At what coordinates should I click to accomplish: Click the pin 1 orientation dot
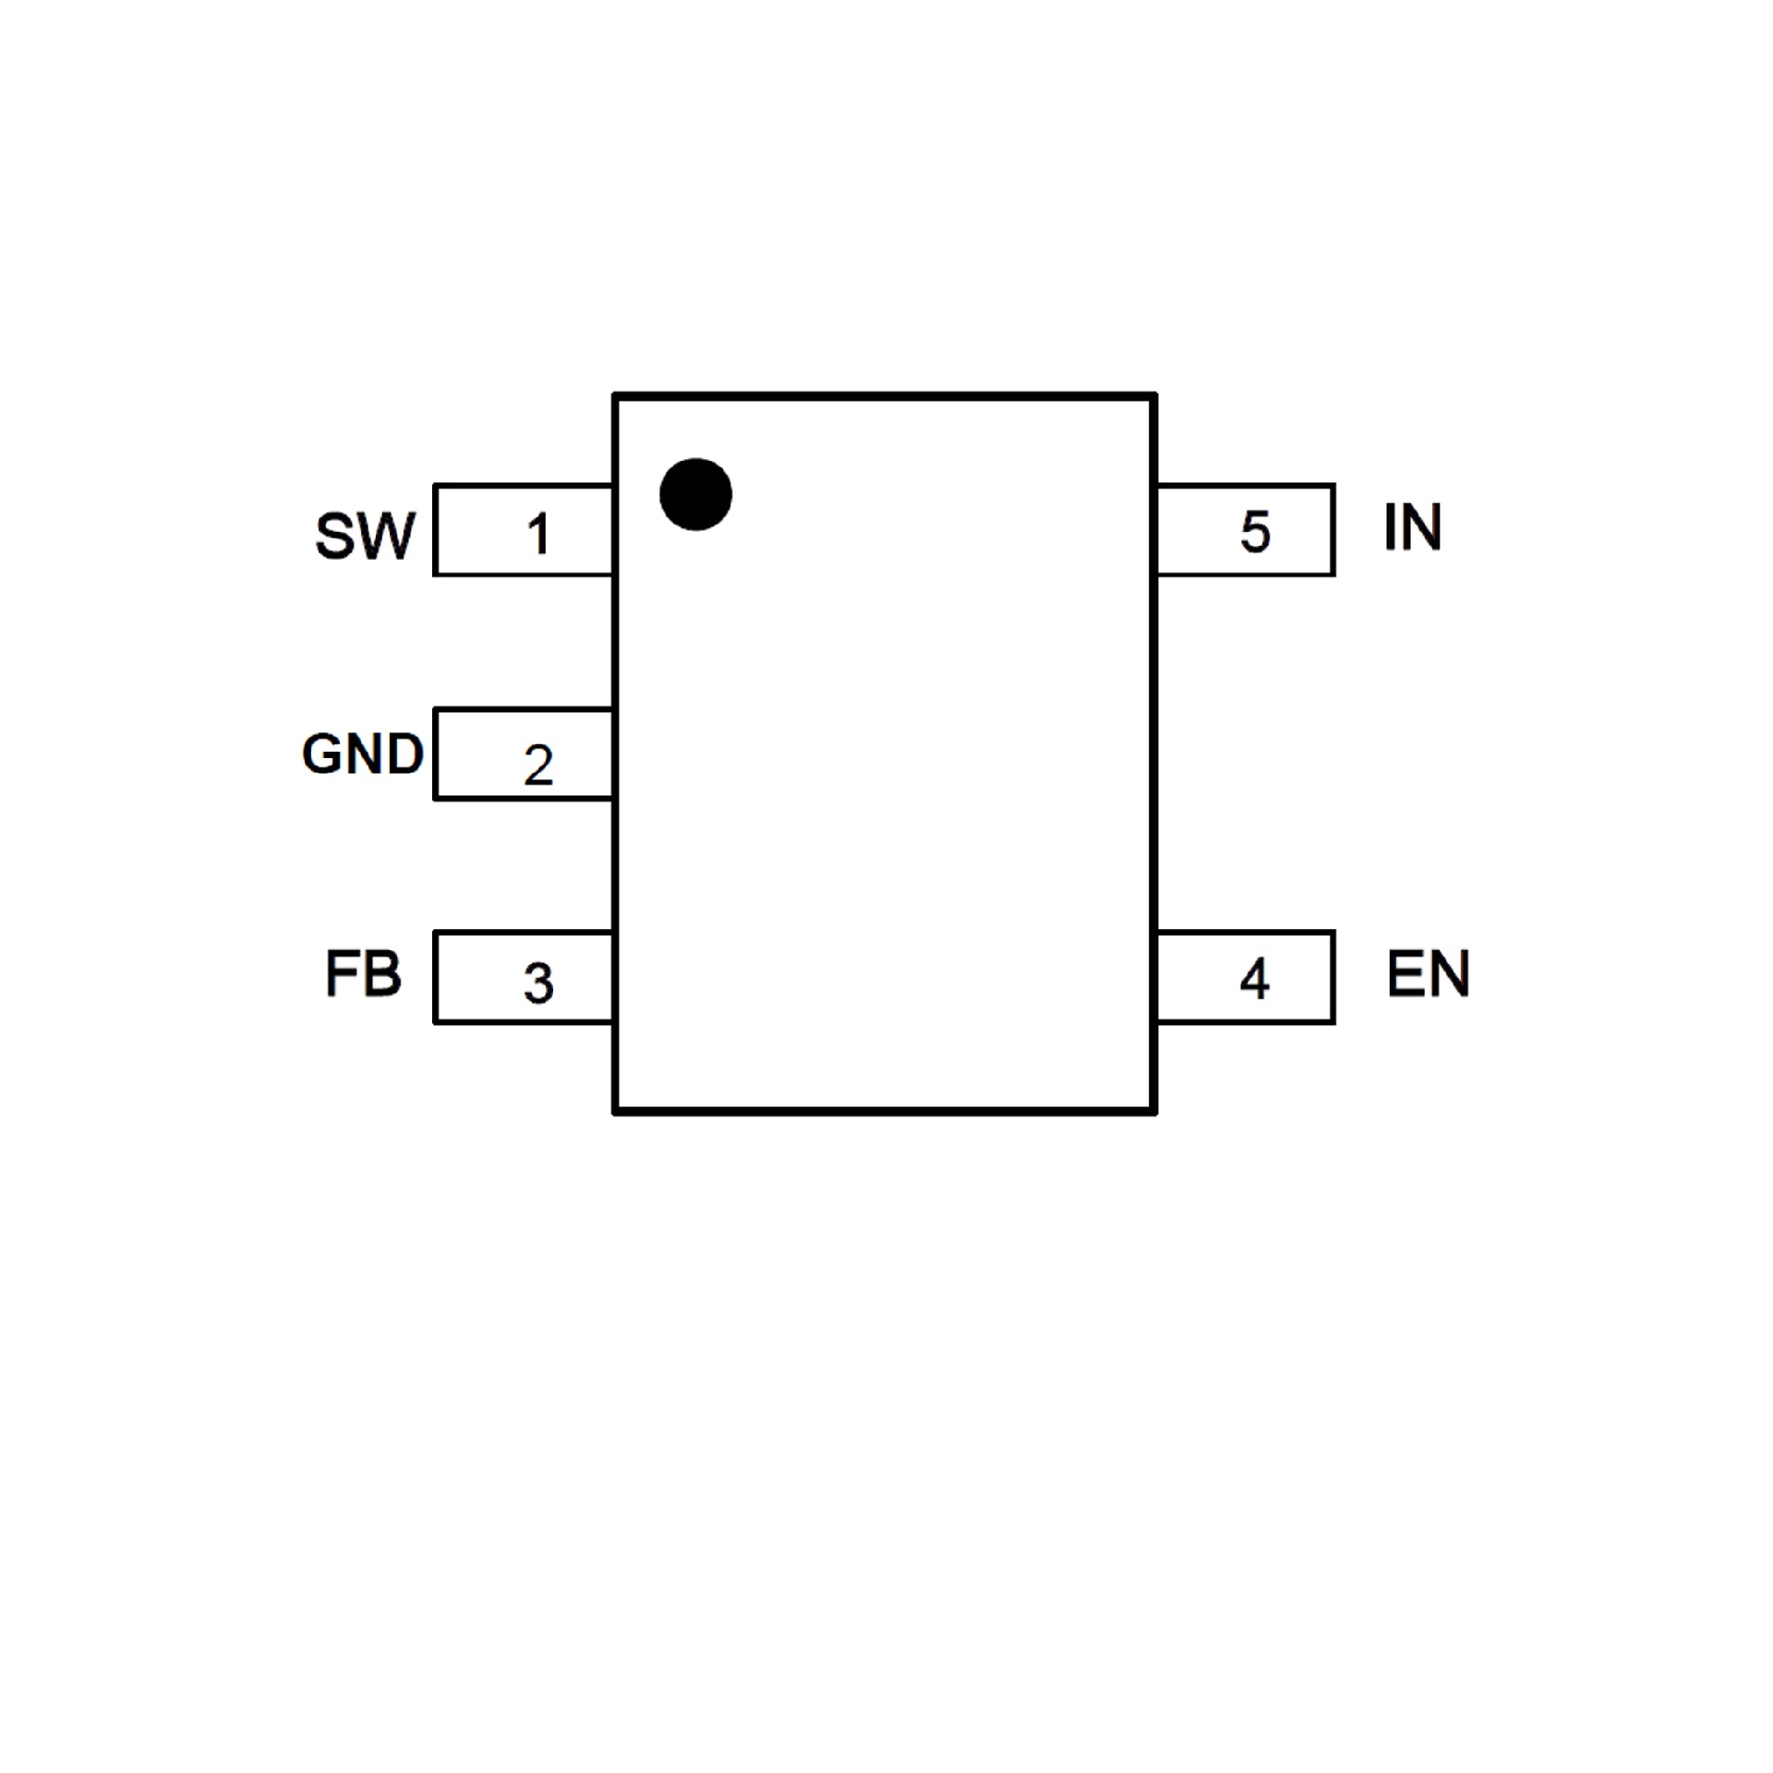point(695,494)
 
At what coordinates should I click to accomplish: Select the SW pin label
point(365,536)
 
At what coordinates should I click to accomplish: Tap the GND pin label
point(362,754)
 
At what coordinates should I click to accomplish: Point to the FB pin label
point(363,973)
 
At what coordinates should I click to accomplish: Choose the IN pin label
point(1412,527)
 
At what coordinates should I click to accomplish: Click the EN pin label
point(1428,973)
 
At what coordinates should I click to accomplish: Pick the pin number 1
point(538,534)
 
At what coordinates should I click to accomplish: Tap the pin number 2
point(538,765)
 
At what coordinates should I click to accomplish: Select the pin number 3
point(538,983)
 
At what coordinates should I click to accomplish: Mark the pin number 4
point(1254,979)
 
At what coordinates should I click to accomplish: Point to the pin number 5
point(1255,532)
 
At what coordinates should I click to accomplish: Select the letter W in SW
point(387,536)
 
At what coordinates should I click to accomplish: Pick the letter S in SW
point(335,536)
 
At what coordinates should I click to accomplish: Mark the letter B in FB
point(381,973)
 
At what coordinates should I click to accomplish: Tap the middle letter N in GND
point(363,754)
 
